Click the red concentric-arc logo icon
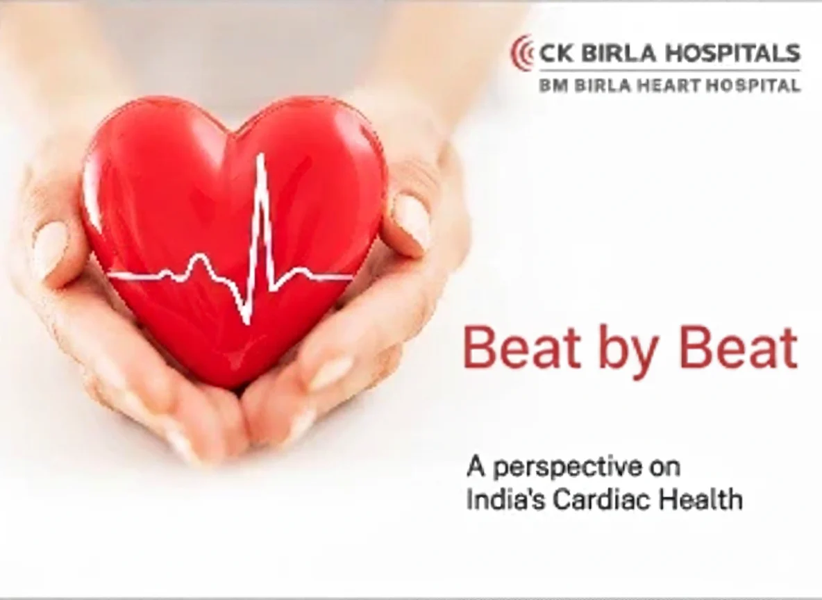[521, 53]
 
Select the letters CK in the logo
[555, 53]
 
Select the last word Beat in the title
[739, 348]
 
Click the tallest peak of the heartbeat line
[260, 156]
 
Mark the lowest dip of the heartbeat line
[247, 320]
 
